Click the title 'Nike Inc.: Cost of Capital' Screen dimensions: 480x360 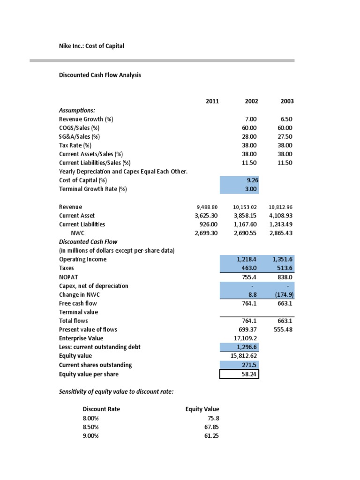pos(91,45)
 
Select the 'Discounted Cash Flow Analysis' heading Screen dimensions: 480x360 pos(100,75)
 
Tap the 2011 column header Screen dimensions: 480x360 pos(212,101)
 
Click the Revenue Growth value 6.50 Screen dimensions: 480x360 pos(285,119)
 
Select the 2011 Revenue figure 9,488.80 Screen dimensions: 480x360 pos(206,207)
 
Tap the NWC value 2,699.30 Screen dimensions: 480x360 pos(206,233)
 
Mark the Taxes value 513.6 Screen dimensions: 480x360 pos(283,268)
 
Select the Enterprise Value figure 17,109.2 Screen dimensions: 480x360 pos(246,338)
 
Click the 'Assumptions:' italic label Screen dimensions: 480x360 pos(77,110)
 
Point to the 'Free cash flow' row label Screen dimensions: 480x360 pos(78,303)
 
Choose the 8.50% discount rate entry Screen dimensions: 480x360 pos(91,427)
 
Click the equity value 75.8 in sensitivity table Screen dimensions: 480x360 pos(212,418)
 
